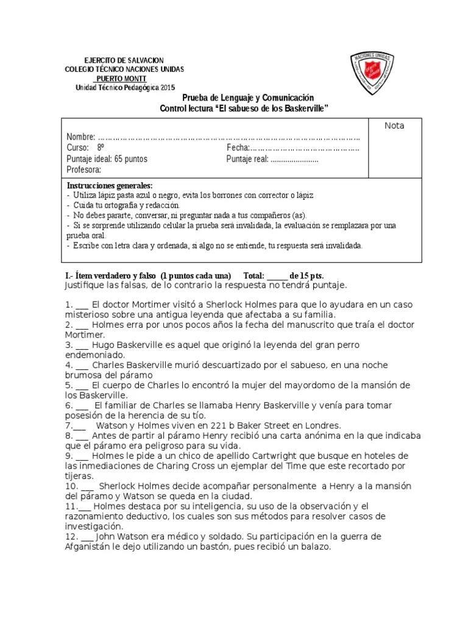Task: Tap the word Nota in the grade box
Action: (394, 126)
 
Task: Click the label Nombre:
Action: (81, 136)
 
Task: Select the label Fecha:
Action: (238, 147)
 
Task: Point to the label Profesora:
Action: (84, 170)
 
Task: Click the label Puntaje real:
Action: (247, 159)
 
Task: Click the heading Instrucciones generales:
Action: (110, 185)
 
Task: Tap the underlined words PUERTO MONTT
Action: (120, 79)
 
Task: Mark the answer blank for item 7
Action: (80, 425)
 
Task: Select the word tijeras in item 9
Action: (79, 476)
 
